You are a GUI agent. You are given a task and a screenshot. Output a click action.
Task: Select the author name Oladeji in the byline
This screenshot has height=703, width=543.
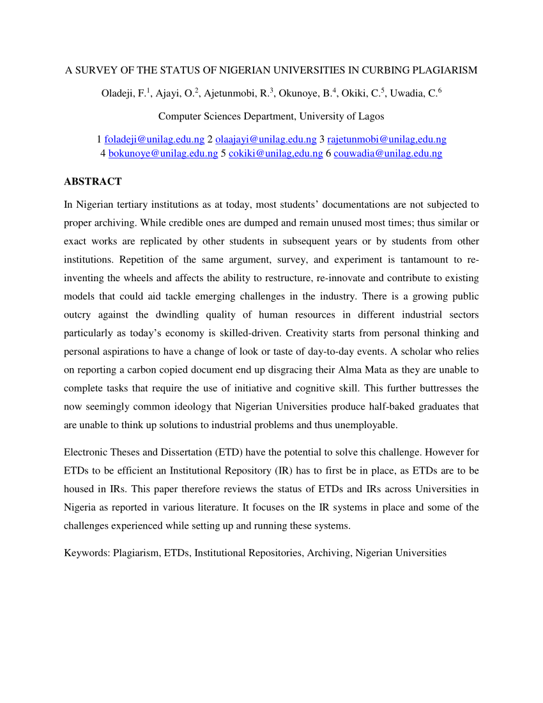click(117, 93)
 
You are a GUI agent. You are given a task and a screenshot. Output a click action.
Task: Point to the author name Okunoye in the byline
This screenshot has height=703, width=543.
click(300, 93)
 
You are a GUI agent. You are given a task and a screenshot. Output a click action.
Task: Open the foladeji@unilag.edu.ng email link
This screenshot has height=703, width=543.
click(155, 139)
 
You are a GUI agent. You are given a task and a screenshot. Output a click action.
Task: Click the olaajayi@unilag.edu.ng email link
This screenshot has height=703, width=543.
click(266, 139)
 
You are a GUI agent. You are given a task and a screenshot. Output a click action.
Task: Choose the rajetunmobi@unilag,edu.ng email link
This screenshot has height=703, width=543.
click(386, 139)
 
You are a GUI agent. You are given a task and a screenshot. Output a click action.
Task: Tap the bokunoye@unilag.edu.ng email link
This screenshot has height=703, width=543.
click(163, 153)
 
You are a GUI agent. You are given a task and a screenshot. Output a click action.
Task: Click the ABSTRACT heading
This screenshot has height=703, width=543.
click(93, 182)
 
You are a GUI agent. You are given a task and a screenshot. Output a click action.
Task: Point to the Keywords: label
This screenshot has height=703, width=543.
click(87, 553)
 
